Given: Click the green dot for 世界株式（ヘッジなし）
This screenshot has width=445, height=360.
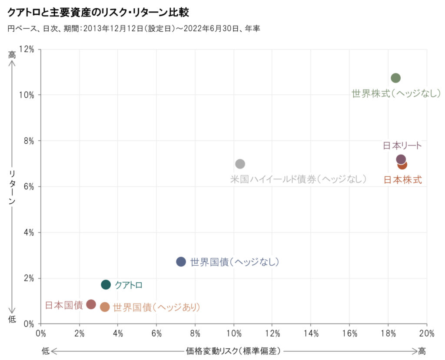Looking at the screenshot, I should coord(395,78).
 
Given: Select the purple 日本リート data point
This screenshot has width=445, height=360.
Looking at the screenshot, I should coord(401,159).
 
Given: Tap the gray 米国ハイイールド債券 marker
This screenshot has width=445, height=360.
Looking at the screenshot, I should coord(240,164).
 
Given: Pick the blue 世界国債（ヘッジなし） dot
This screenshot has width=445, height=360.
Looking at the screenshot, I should coord(181,261).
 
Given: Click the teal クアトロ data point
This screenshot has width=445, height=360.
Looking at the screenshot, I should coord(106,284).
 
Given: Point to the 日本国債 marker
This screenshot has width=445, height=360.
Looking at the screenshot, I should coord(91,304).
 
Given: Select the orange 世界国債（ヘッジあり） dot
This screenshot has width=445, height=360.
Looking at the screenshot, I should coord(105,307).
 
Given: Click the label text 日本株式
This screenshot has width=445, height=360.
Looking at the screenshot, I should coord(402,180).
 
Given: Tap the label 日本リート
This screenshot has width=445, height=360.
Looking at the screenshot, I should coord(402,145).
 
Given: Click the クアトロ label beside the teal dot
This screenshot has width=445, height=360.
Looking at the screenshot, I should coord(129,285).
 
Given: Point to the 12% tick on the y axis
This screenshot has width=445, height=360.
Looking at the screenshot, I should coord(28,49).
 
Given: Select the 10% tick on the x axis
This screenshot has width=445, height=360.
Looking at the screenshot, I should coord(234,334).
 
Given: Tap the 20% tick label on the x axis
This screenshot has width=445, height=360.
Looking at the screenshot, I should coord(427,334).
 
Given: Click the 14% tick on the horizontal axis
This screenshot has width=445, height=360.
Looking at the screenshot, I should coord(311,334).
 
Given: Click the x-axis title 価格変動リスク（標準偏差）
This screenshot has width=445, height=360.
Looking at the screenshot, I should coord(233,350).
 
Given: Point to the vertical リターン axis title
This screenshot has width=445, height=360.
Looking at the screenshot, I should coord(12,187).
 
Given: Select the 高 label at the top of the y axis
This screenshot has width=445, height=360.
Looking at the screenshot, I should coord(12,55).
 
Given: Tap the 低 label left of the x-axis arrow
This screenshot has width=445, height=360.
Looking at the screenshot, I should coord(46,351).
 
